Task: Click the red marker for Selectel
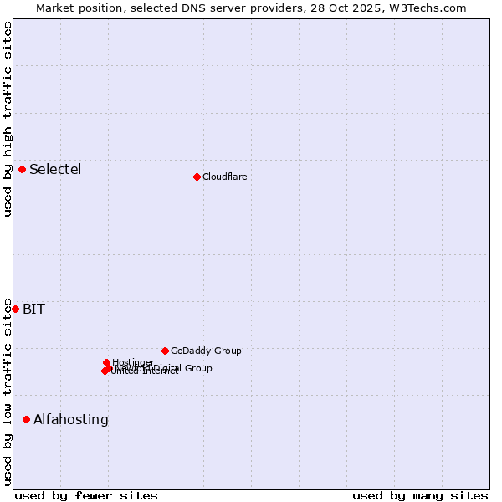point(22,170)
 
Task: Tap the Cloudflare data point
point(197,177)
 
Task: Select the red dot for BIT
point(15,309)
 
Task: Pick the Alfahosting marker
point(26,419)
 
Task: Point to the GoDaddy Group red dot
point(165,351)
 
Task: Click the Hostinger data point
point(106,362)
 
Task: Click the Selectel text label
point(55,170)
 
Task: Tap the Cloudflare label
point(224,177)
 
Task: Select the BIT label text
point(33,310)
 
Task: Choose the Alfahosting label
point(71,420)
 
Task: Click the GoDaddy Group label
point(206,351)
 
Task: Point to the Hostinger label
point(133,362)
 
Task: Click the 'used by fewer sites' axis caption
point(86,495)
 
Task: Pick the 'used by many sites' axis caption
point(420,495)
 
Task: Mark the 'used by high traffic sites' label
point(8,119)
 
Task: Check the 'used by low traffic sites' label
point(8,392)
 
